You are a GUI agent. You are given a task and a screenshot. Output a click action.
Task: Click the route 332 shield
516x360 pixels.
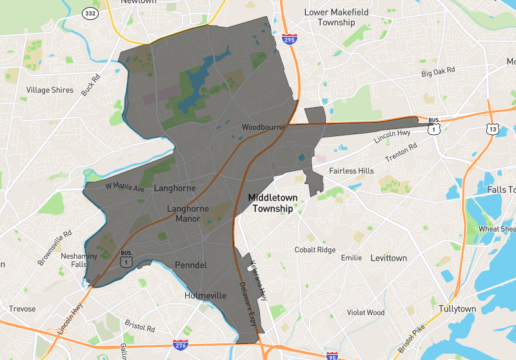(90, 13)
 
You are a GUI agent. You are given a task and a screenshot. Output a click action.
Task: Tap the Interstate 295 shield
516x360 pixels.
(289, 40)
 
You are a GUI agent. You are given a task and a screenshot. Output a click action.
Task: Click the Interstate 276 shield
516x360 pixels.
(181, 346)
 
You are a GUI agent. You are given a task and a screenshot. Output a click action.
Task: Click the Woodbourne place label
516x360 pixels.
(263, 127)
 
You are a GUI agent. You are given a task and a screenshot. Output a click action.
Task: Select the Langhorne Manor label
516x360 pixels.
(188, 214)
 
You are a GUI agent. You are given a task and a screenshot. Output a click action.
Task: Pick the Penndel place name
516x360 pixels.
(190, 265)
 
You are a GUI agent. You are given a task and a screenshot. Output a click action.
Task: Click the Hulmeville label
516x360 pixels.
(206, 295)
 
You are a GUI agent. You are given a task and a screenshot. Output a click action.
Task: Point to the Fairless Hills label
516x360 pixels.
(351, 171)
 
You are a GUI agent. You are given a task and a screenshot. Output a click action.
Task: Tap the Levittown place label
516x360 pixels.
(388, 258)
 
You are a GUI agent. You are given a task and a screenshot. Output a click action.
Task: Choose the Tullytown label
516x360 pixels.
(457, 309)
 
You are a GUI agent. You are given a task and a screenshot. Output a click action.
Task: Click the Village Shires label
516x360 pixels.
(50, 90)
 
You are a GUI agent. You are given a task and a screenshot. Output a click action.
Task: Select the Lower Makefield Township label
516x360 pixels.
(330, 17)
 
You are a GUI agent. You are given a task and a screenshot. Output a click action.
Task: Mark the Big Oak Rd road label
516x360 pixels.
(438, 70)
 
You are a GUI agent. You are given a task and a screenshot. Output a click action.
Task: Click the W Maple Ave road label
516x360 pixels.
(125, 186)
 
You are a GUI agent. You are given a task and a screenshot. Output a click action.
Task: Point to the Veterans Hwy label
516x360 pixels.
(259, 281)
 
